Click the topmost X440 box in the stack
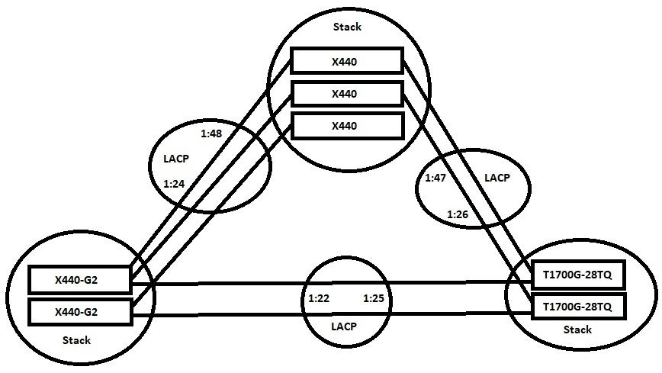(x=347, y=61)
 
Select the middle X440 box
(x=347, y=93)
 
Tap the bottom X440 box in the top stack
(x=347, y=125)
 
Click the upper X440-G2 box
(x=80, y=280)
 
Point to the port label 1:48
(x=211, y=134)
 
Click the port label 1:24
(x=175, y=184)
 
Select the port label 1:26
(x=458, y=214)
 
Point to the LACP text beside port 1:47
(x=496, y=178)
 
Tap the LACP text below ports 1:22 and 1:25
(x=344, y=326)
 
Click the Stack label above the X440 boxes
(x=347, y=27)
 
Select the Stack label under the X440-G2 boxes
(x=76, y=340)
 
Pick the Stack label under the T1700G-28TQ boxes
(x=577, y=330)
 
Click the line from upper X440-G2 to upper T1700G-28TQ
(x=229, y=283)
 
